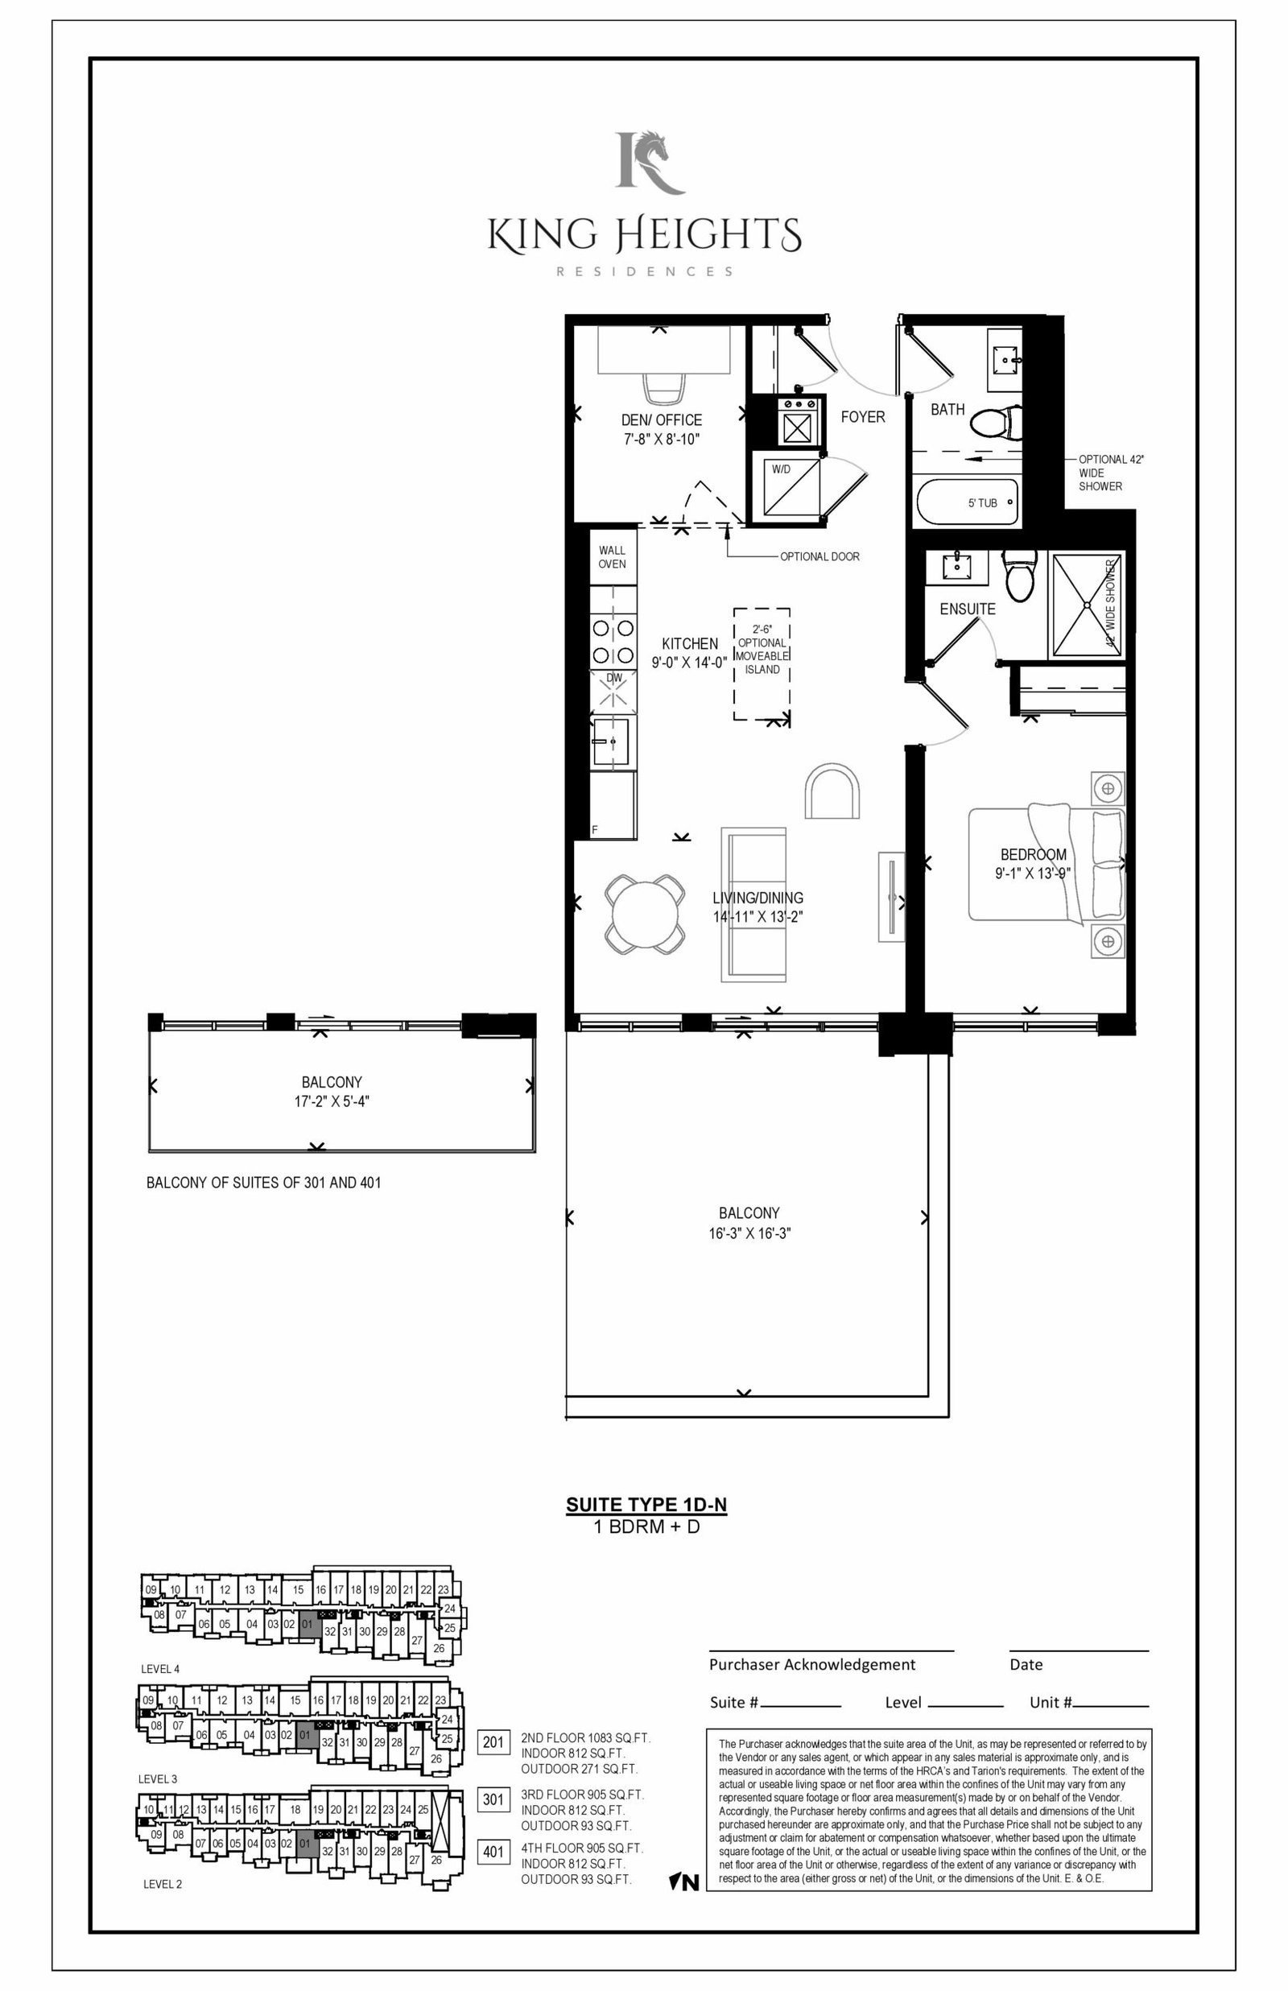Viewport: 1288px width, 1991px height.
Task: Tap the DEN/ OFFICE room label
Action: tap(662, 419)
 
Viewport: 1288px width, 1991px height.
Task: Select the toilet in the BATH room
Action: tap(997, 423)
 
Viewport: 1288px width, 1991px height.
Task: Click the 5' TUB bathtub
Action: tap(968, 502)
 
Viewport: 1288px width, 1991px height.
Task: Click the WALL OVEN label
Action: tap(613, 557)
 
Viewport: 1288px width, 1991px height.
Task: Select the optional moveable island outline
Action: tap(762, 664)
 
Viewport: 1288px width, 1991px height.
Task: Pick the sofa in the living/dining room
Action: tap(753, 905)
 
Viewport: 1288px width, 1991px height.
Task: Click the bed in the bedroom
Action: tap(1046, 865)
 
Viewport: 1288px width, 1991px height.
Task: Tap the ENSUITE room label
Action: tap(968, 609)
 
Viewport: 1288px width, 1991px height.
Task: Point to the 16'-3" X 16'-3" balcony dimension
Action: tap(749, 1233)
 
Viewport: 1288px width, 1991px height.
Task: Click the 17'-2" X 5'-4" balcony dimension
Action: tap(332, 1101)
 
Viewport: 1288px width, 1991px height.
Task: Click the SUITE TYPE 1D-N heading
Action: tap(646, 1506)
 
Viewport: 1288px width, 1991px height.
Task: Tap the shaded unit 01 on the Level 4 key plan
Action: tap(308, 1625)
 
